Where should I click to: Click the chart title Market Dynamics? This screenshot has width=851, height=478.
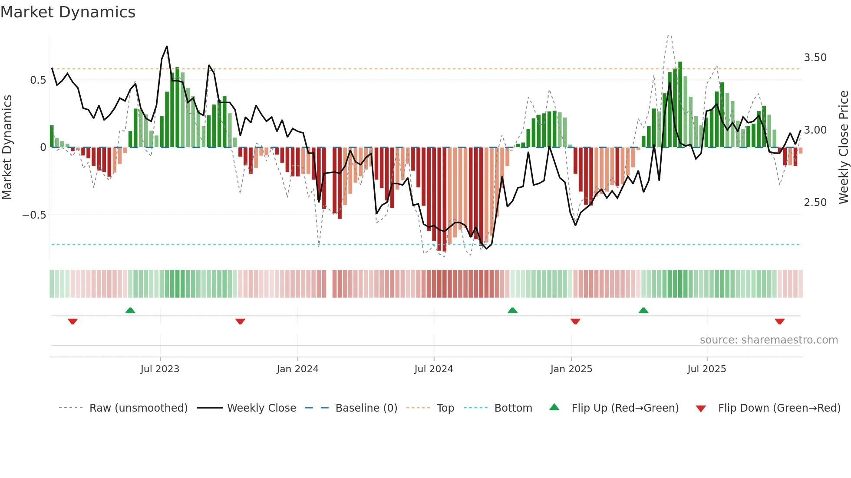(x=68, y=12)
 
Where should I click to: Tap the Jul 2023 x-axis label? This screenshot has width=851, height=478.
(x=160, y=369)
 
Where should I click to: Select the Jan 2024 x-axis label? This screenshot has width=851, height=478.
(x=297, y=369)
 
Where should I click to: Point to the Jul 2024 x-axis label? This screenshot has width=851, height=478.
(x=433, y=369)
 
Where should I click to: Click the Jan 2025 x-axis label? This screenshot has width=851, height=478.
(x=571, y=369)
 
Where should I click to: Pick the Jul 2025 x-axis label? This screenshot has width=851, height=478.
(x=706, y=369)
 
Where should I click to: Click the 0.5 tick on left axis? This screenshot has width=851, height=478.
(x=38, y=80)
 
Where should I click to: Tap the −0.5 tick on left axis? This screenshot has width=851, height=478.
(x=34, y=215)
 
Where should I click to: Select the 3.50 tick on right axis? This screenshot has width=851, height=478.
(x=815, y=58)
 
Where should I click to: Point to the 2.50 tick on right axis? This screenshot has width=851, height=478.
(x=815, y=203)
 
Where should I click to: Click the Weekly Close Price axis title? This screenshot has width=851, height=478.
(x=843, y=147)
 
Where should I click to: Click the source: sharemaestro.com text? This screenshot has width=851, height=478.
(x=769, y=340)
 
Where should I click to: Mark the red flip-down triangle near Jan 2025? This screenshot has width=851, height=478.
(x=575, y=321)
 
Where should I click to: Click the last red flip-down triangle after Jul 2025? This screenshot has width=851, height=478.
(x=779, y=321)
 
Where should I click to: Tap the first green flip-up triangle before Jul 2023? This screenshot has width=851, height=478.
(x=130, y=311)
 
